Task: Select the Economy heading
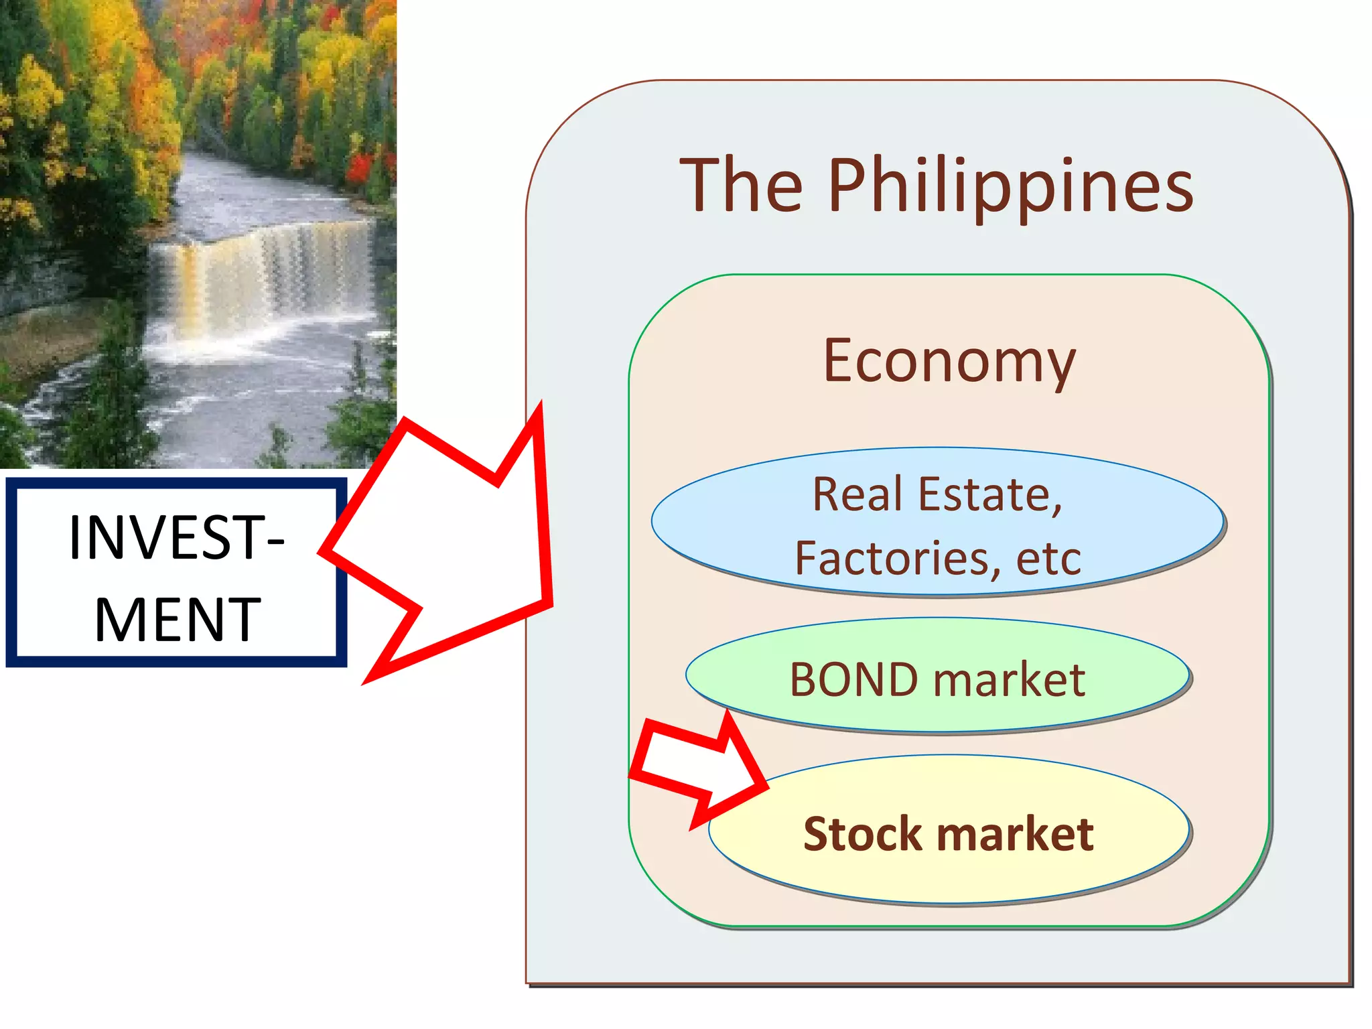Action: (949, 362)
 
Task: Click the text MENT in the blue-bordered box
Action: (177, 620)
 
